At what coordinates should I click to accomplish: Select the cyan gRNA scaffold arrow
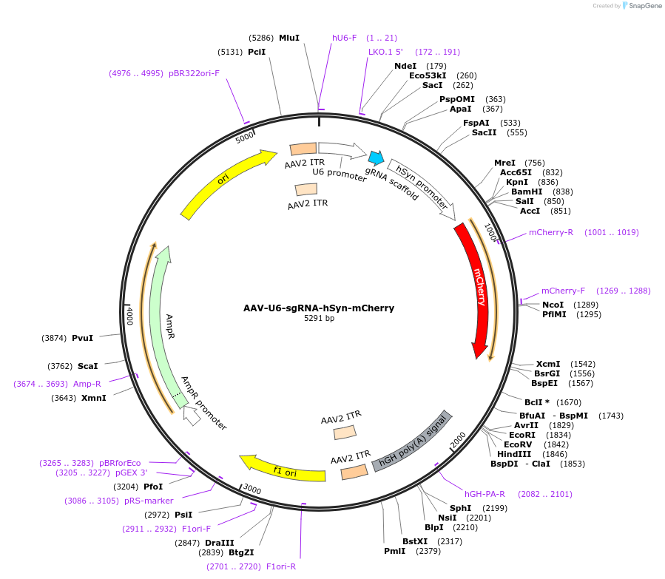(376, 158)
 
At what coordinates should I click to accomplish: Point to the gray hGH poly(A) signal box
(413, 441)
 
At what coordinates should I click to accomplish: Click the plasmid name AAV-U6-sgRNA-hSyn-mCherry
(319, 308)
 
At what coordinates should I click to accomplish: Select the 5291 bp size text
(319, 319)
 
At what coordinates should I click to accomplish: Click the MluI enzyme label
(289, 38)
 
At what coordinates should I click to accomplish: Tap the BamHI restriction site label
(527, 192)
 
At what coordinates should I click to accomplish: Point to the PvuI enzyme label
(82, 338)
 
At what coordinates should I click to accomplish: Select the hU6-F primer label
(344, 38)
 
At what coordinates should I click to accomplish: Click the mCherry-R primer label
(550, 232)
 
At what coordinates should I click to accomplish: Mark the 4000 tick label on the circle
(129, 316)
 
